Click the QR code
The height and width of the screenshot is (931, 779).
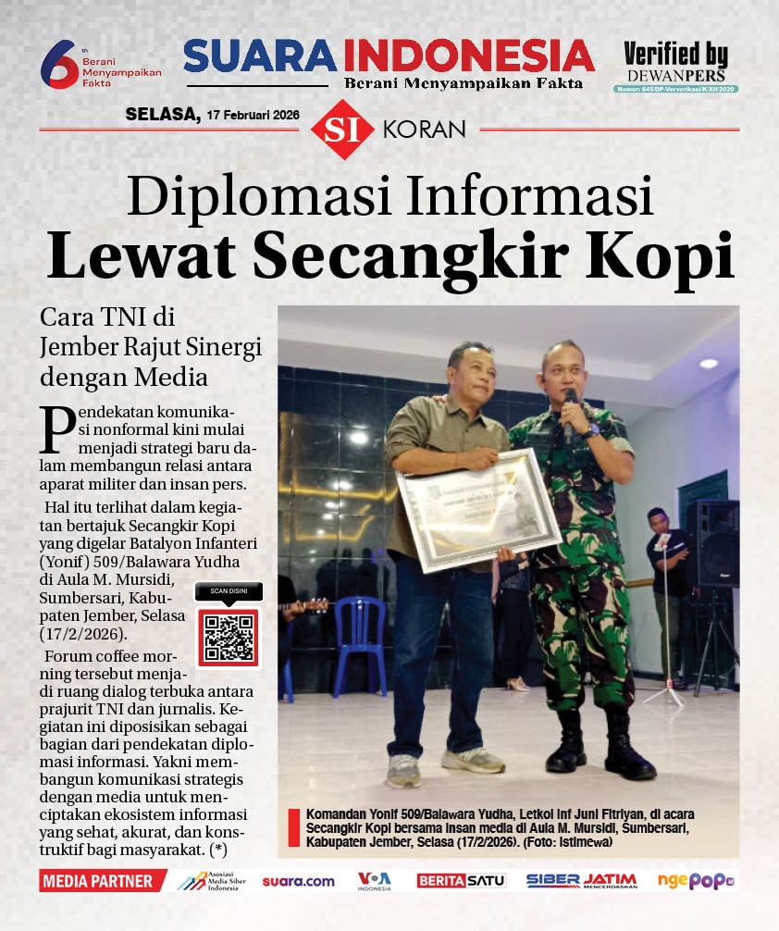229,638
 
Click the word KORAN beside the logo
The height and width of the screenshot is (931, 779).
424,130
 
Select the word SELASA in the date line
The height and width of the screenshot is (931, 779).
162,115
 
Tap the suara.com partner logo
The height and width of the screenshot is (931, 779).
298,881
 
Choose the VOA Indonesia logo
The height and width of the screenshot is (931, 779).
375,880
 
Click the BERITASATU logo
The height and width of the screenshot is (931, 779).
461,881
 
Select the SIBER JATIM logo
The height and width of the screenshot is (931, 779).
581,881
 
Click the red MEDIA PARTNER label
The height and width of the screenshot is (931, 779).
100,881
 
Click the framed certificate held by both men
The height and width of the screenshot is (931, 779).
478,508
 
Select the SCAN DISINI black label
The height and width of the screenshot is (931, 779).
229,591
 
